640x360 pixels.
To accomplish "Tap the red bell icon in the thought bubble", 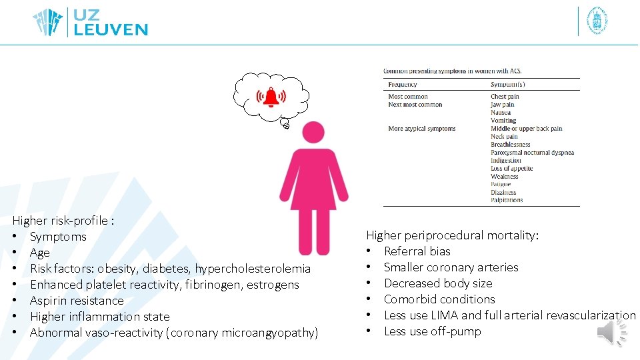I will (x=271, y=97).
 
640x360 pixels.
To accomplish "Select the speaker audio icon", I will (x=612, y=332).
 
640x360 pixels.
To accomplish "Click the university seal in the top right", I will (x=596, y=21).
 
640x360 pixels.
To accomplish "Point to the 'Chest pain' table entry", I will (x=505, y=97).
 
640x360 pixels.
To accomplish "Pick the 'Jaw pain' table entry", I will (x=503, y=105).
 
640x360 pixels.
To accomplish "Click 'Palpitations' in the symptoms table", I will (x=507, y=200).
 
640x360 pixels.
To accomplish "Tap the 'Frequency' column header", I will (x=403, y=85).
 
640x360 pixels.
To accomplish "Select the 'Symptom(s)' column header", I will (x=507, y=85).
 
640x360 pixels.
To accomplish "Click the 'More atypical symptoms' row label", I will (x=421, y=129).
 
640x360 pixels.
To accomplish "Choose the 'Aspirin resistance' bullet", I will (x=77, y=301).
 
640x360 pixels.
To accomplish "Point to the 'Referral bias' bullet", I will (x=417, y=251).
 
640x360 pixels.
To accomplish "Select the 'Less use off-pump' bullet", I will (x=432, y=331).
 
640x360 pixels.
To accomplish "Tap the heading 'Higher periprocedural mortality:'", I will (x=452, y=235).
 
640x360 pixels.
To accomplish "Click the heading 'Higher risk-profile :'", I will (x=63, y=221).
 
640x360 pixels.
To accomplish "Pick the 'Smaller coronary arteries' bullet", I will (x=451, y=267).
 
